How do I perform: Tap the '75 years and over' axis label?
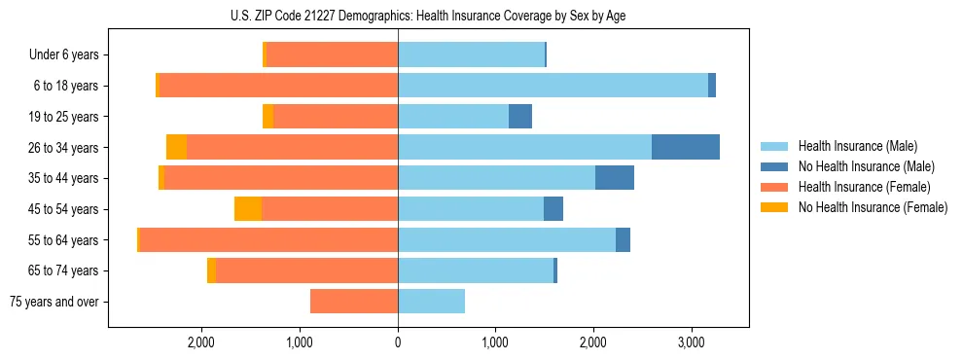[54, 302]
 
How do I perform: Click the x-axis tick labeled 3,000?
[691, 342]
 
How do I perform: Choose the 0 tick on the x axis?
[398, 342]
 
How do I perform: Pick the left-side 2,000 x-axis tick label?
[201, 342]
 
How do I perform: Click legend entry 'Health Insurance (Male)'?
[857, 146]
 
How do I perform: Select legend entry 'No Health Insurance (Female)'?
[873, 207]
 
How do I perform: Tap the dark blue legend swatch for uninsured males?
[774, 166]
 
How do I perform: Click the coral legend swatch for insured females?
[774, 187]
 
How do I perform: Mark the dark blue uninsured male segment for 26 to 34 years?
[686, 147]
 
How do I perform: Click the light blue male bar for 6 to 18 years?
[553, 86]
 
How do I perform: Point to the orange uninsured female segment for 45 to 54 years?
[248, 209]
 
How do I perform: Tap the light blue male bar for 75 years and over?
[431, 302]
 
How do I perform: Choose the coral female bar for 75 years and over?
[354, 302]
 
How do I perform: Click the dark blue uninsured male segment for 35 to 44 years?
[615, 178]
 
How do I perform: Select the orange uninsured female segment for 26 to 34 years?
[176, 147]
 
